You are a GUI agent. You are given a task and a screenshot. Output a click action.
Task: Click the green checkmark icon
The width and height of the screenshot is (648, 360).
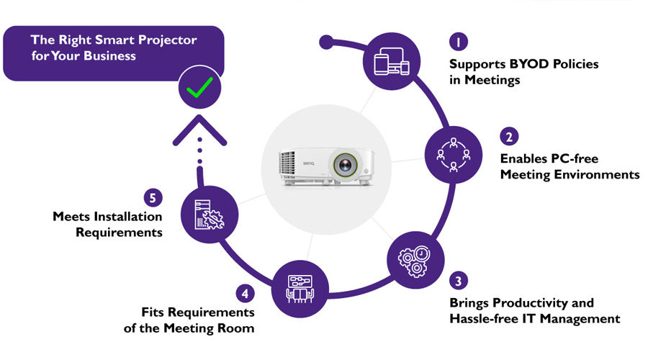click(x=199, y=87)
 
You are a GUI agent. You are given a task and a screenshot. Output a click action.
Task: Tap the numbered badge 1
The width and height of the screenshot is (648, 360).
click(x=459, y=41)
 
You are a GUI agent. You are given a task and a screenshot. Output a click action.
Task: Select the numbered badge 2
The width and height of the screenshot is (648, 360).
click(x=509, y=136)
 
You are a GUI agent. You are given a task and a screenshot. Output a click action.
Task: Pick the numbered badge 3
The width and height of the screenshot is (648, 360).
click(x=459, y=281)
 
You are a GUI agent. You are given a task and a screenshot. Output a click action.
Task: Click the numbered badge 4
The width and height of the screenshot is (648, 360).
click(x=245, y=294)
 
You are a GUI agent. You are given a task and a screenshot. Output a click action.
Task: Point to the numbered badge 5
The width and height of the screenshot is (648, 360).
click(x=153, y=197)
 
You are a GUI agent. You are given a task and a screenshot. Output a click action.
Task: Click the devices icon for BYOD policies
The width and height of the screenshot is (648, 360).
click(x=392, y=62)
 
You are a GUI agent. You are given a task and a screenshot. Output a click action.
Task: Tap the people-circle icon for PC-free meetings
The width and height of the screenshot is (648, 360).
click(x=454, y=155)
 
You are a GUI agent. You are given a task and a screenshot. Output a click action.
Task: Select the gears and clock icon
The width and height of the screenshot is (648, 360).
click(x=415, y=261)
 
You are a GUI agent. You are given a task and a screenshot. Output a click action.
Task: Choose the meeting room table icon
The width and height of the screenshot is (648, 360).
click(x=300, y=289)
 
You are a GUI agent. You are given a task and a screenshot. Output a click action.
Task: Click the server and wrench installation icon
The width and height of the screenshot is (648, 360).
click(x=209, y=215)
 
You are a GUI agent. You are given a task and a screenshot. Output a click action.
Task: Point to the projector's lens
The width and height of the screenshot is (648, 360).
click(x=345, y=165)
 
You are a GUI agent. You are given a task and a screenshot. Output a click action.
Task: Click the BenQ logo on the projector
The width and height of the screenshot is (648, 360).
click(x=309, y=163)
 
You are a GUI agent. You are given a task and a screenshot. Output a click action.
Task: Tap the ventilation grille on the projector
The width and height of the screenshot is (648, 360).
click(x=287, y=163)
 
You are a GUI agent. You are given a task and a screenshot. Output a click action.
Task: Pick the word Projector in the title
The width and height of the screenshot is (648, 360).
click(x=167, y=40)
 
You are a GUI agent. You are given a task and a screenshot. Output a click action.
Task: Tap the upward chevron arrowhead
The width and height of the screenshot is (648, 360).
click(x=199, y=130)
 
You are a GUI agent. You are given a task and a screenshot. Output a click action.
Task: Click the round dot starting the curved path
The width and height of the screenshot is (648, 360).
click(x=326, y=42)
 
